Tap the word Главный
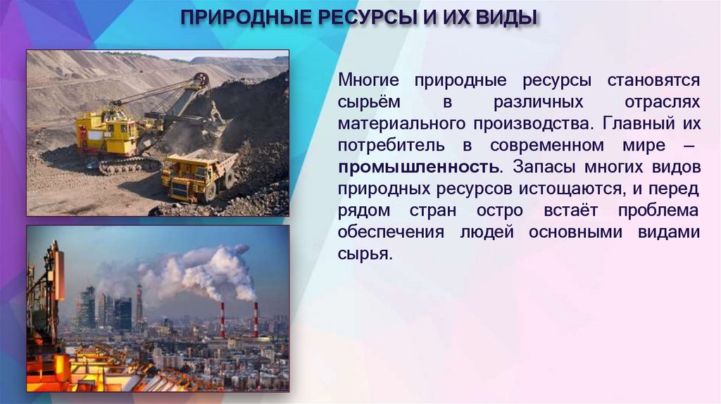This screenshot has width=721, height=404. pos(645,124)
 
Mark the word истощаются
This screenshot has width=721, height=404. pos(581,189)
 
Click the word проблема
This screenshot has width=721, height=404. pos(658,211)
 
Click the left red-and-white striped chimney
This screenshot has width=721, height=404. pos(222,320)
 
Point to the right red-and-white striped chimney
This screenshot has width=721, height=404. pos(256,319)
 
